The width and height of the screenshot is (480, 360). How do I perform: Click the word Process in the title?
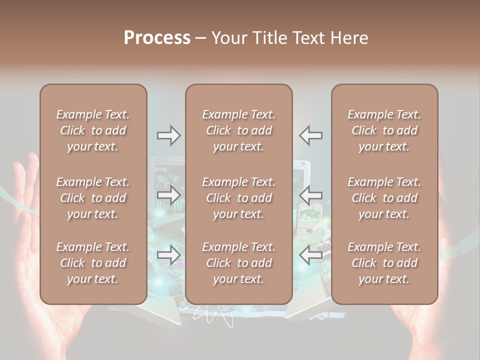click(x=157, y=38)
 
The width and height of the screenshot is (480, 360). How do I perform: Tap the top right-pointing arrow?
click(x=168, y=135)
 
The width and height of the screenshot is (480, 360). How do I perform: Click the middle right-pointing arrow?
click(x=168, y=195)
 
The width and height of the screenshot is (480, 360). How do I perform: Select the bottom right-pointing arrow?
click(x=168, y=255)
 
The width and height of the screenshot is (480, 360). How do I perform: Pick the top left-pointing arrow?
click(x=311, y=135)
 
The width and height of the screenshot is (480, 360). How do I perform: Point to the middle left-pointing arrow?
click(x=311, y=195)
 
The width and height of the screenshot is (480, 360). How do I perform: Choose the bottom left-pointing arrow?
click(x=311, y=255)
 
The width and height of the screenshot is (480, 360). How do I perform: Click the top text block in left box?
click(x=93, y=130)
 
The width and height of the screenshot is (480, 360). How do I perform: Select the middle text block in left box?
click(x=93, y=198)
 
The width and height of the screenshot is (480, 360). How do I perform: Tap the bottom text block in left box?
click(x=93, y=263)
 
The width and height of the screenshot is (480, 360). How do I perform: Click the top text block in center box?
click(x=238, y=130)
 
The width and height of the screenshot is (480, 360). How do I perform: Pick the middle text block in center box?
click(x=238, y=198)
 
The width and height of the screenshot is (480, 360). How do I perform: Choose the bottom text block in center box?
click(x=238, y=263)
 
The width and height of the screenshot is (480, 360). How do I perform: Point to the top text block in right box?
click(x=384, y=130)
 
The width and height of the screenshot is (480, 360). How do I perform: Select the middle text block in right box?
click(x=384, y=198)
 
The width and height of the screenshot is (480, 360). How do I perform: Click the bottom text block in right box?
click(x=384, y=263)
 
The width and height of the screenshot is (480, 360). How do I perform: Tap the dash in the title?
click(x=201, y=38)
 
